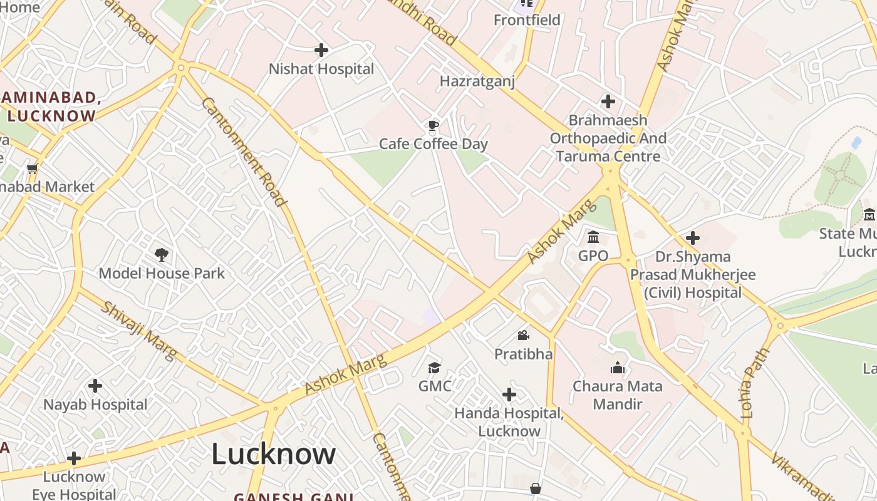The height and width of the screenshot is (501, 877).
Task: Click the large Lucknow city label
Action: coord(273,454)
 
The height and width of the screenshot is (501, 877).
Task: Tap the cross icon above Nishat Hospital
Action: coord(321,50)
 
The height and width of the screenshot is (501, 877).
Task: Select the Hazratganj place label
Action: coord(477,81)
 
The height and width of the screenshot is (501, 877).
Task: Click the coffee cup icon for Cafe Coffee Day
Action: coord(433,126)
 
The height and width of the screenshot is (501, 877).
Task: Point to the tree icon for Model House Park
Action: coord(162,254)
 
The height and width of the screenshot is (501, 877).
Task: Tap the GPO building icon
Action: coord(593,237)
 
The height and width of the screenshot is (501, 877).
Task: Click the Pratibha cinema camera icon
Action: coord(523,336)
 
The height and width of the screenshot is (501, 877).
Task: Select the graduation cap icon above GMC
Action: coord(434,367)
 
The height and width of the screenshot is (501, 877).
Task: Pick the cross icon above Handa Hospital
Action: coord(509,395)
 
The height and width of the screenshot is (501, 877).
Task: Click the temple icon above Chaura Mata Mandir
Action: coord(618,368)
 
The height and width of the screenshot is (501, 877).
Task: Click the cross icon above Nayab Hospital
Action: coord(95,386)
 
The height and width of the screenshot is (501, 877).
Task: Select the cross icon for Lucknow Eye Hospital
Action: coord(74,458)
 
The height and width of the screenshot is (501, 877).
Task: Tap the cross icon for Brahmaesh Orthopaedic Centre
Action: coord(608,101)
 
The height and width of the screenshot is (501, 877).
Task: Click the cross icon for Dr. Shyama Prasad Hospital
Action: coord(693,238)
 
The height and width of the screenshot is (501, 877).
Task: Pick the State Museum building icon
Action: coord(869,215)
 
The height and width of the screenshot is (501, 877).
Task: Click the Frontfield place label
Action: coord(527,20)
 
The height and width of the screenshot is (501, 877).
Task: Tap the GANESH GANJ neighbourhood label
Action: coord(294,497)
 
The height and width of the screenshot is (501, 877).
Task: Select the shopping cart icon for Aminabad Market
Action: coord(32,168)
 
